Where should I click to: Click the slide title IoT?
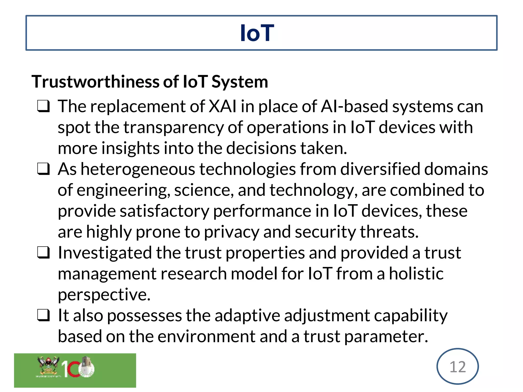click(257, 33)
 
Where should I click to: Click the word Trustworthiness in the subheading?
click(96, 82)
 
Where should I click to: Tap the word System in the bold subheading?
click(240, 82)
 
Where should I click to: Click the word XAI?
click(223, 106)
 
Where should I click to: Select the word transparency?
click(174, 128)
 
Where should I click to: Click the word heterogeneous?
click(138, 169)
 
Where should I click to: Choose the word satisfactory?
click(164, 211)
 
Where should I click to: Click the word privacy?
click(231, 232)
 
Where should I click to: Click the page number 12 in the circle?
click(457, 367)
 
